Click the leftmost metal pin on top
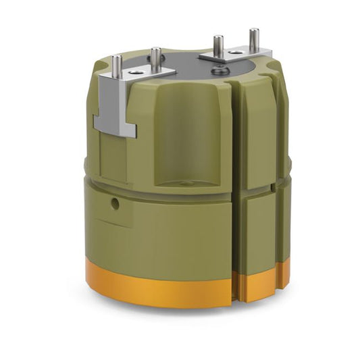pos(117,66)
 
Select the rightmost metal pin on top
pos(254,41)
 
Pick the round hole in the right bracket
pos(237,51)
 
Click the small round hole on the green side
pos(115,203)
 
